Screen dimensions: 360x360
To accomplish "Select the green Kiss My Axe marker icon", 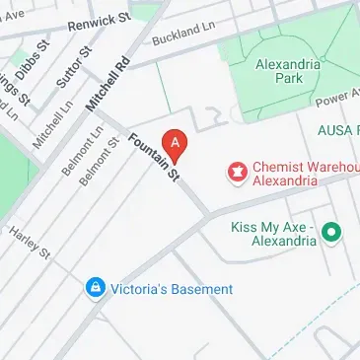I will [x=332, y=233].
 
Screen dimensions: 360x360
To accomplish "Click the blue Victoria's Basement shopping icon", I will [x=95, y=288].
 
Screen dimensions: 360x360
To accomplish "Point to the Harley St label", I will [x=29, y=240].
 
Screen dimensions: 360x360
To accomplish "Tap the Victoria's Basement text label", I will [x=172, y=289].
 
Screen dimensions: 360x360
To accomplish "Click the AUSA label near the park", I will [x=338, y=130].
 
